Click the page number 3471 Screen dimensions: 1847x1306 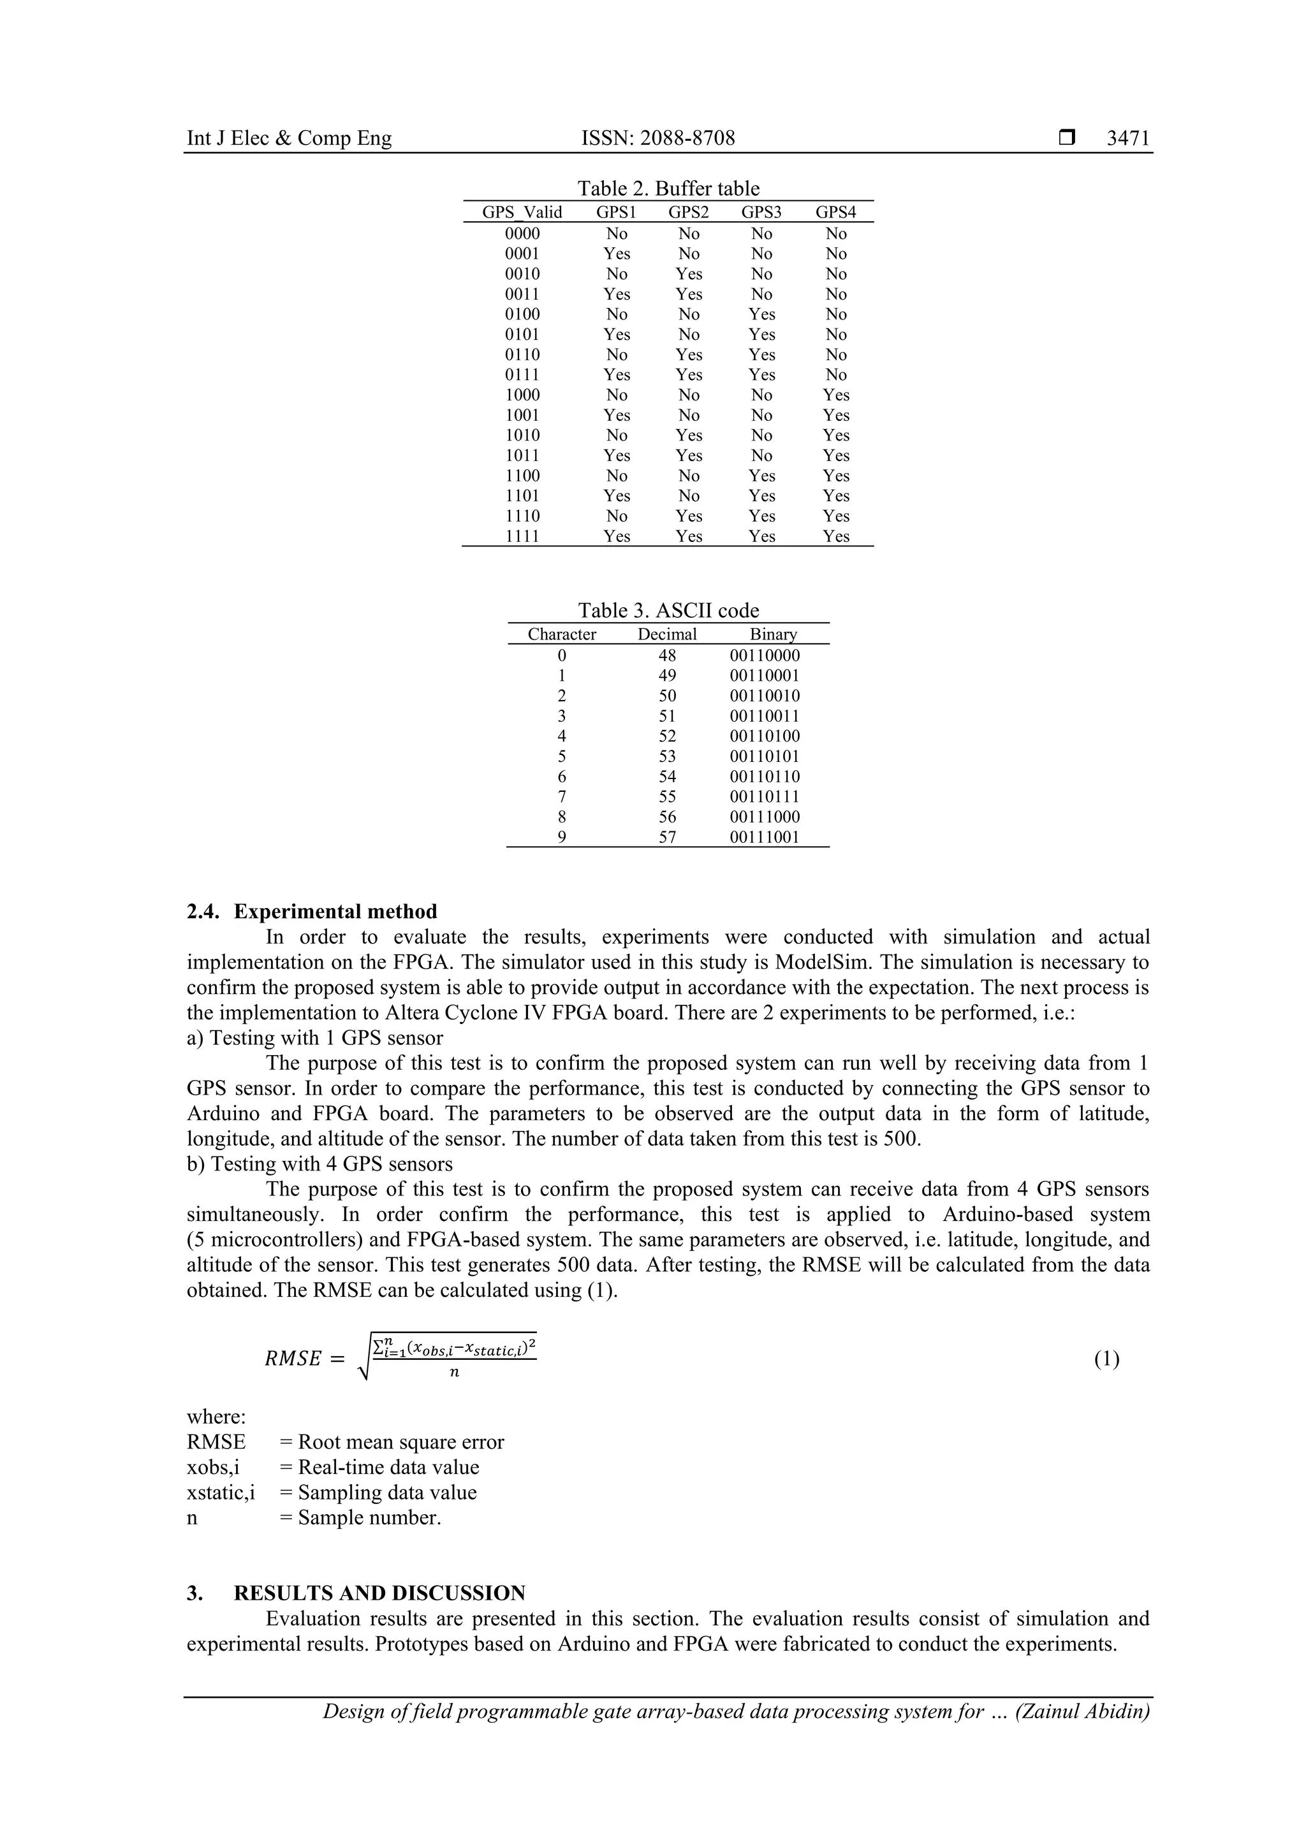1127,138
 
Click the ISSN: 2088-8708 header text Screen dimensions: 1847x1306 657,138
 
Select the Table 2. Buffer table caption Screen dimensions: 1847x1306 668,188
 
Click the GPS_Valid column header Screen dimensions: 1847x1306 522,212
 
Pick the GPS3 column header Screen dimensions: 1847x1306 761,212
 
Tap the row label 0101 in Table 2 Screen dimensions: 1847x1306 522,335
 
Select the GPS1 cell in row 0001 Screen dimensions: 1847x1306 617,253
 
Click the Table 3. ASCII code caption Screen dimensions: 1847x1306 668,611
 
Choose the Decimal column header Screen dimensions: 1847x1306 667,634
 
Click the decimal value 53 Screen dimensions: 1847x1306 667,756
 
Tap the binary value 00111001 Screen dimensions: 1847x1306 765,837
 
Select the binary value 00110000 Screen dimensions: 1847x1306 765,655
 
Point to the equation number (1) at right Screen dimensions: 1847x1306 1106,1359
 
